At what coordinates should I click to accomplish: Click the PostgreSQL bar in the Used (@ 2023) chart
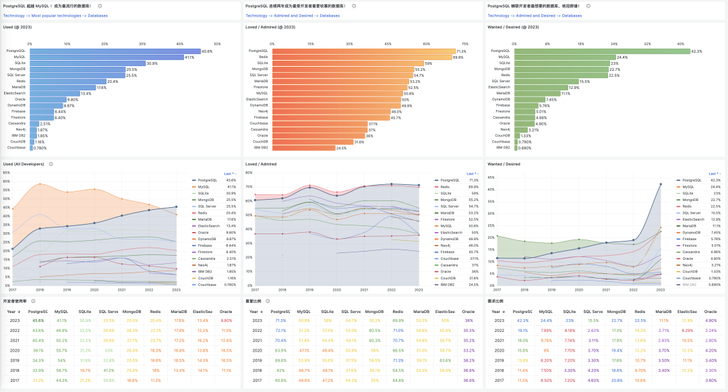tap(115, 51)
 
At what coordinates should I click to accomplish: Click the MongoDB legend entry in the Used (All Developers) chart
tap(207, 200)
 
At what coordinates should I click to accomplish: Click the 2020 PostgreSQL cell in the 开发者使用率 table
tap(38, 350)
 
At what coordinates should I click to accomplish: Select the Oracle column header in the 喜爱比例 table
tap(468, 312)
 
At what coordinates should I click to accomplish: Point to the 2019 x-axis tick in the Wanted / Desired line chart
tap(552, 289)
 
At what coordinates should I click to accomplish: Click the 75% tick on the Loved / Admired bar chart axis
tap(465, 44)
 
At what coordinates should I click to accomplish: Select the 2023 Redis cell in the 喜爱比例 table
tap(398, 320)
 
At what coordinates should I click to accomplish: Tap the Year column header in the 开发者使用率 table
tap(12, 312)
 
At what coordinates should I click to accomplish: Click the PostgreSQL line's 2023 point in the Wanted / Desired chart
tap(660, 184)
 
